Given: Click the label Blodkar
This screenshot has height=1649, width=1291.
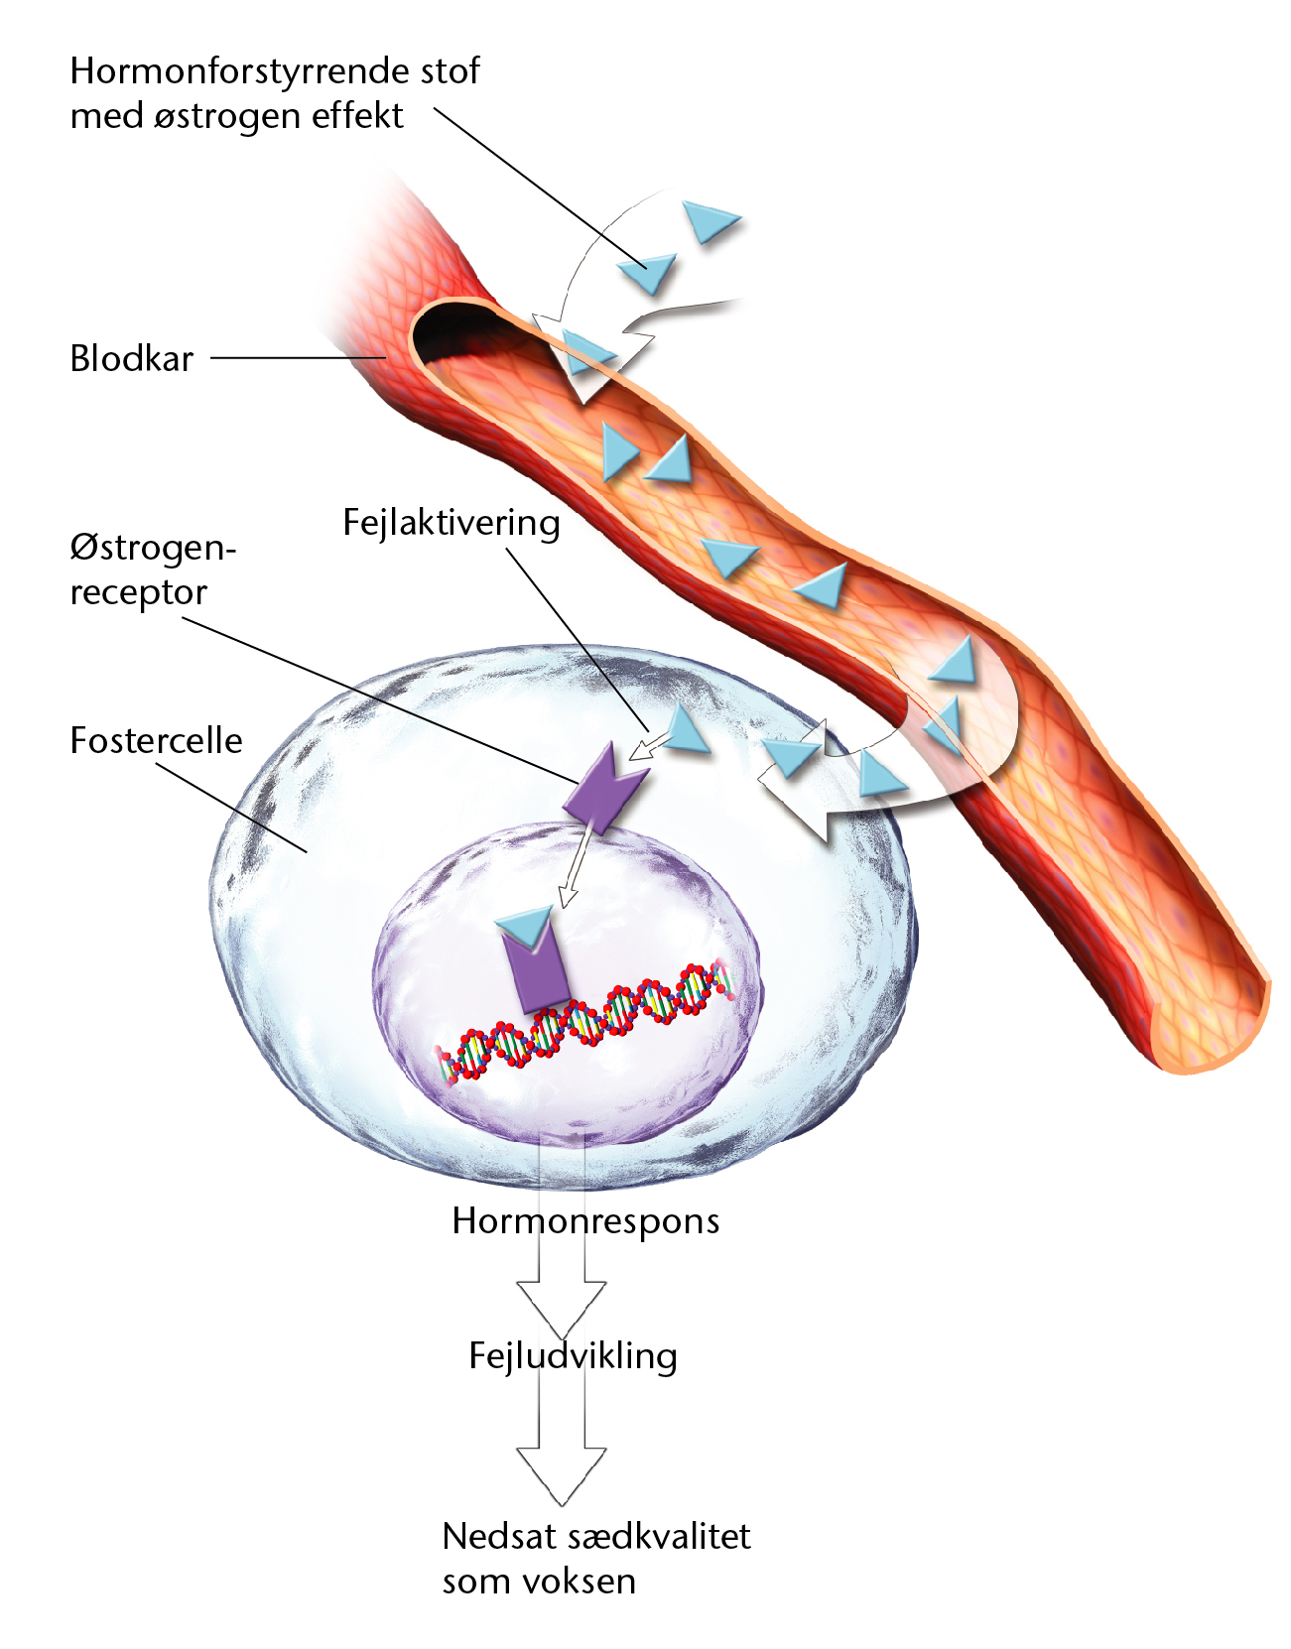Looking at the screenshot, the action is tap(131, 357).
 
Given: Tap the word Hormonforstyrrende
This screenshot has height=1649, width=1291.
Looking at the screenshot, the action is tap(234, 72).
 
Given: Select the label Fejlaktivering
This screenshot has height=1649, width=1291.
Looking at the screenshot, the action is tap(452, 522).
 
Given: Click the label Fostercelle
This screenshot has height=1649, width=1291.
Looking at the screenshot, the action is tap(157, 740).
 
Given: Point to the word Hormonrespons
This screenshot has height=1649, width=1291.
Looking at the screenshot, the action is tap(585, 1222).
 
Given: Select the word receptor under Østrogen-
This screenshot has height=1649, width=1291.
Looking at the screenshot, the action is tap(138, 592).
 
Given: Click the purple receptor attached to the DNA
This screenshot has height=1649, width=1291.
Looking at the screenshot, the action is tap(536, 970).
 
